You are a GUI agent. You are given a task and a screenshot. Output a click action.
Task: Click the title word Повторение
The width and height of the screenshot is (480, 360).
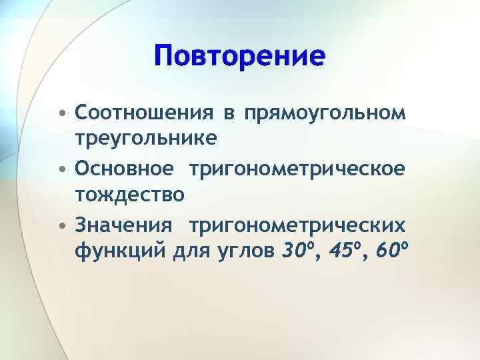point(239,55)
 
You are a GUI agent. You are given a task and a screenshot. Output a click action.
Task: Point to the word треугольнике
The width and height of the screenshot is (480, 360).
point(145,138)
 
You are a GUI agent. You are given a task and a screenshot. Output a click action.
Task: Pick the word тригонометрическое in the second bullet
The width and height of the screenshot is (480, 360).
point(297,168)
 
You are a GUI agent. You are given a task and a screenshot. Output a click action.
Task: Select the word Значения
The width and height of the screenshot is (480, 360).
point(126,225)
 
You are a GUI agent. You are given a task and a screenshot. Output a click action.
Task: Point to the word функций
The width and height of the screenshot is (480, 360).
point(116,252)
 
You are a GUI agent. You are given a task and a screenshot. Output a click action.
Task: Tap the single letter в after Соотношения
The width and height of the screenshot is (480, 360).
point(228,111)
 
